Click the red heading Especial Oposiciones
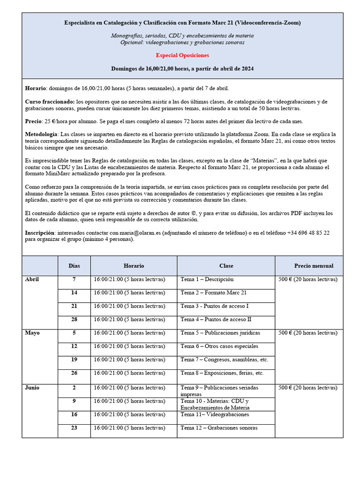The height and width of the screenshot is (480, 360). pyautogui.click(x=182, y=55)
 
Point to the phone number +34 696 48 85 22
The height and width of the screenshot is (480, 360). pyautogui.click(x=308, y=232)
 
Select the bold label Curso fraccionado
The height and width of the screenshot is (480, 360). pyautogui.click(x=49, y=102)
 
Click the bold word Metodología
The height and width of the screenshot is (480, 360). pyautogui.click(x=41, y=135)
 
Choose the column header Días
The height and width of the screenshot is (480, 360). pyautogui.click(x=74, y=266)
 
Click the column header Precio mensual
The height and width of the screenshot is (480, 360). pyautogui.click(x=314, y=266)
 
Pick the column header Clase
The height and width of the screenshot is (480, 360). pyautogui.click(x=226, y=266)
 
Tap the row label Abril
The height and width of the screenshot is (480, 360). pyautogui.click(x=32, y=279)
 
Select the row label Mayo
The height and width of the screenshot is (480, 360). pyautogui.click(x=32, y=333)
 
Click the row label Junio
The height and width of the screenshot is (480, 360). pyautogui.click(x=32, y=388)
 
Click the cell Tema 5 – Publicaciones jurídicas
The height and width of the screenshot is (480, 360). pyautogui.click(x=220, y=333)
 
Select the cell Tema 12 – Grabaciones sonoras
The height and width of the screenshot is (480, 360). pyautogui.click(x=219, y=427)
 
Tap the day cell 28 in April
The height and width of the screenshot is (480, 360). pyautogui.click(x=74, y=319)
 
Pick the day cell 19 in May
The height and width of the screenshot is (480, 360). pyautogui.click(x=74, y=360)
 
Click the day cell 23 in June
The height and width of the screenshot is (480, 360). pyautogui.click(x=74, y=427)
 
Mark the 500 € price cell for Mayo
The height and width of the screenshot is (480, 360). pyautogui.click(x=307, y=333)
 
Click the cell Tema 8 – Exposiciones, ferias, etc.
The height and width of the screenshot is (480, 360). pyautogui.click(x=222, y=373)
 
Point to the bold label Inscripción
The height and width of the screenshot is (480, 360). pyautogui.click(x=39, y=232)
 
